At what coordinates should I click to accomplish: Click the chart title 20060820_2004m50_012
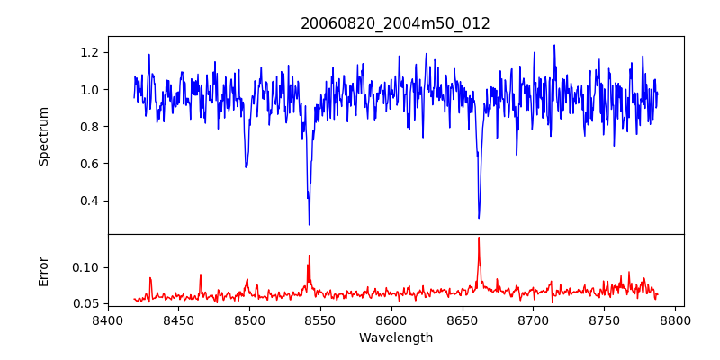(395, 23)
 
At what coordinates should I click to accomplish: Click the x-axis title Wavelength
(395, 338)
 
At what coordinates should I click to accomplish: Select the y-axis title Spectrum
(44, 136)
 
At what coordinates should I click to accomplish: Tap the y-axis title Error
(44, 271)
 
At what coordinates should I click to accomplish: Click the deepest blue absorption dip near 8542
(310, 224)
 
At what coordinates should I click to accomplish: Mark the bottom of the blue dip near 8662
(479, 218)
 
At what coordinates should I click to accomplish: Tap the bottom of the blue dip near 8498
(246, 166)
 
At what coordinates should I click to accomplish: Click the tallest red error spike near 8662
(479, 238)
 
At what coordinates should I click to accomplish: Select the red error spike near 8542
(309, 256)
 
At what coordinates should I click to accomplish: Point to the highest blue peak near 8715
(554, 45)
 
